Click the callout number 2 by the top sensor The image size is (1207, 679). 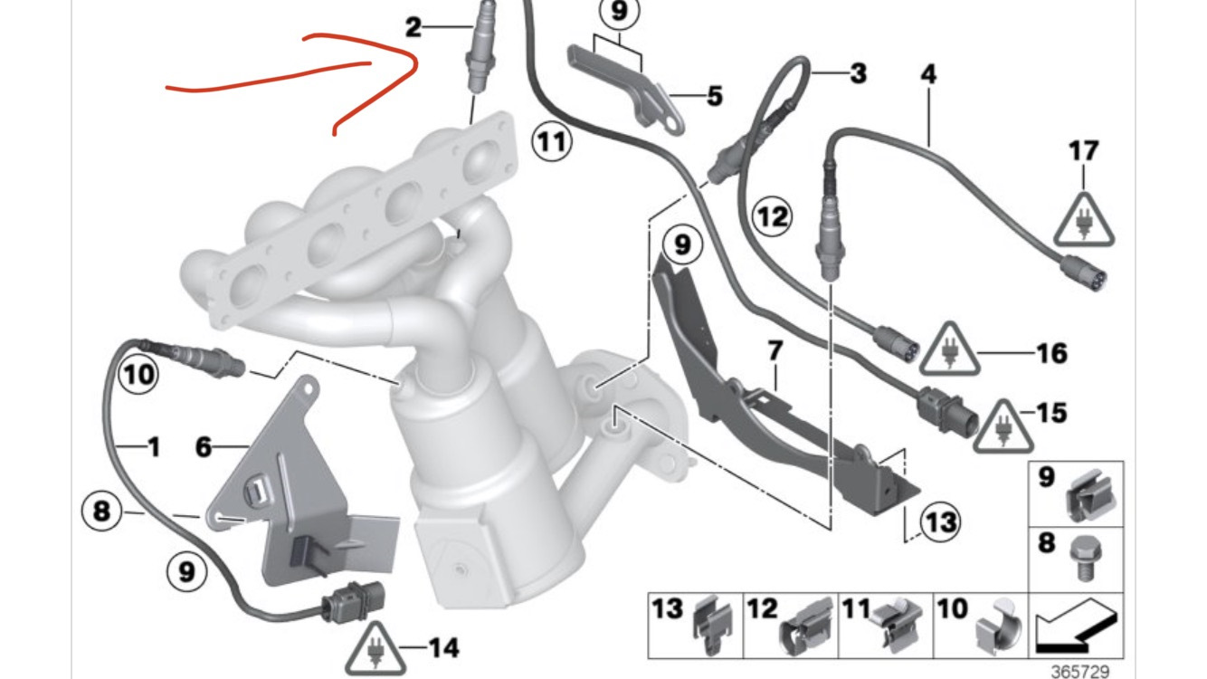413,27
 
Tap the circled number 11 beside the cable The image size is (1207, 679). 552,142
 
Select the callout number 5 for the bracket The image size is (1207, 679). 715,97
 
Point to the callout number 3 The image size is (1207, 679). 859,73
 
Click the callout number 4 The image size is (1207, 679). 928,74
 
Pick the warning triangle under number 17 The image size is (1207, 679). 1084,219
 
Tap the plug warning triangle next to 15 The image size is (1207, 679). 1003,426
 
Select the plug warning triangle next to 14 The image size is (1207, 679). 375,649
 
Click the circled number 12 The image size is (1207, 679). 772,216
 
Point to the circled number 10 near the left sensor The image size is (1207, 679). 138,374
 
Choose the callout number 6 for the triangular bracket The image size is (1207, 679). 204,447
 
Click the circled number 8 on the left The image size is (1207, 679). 101,511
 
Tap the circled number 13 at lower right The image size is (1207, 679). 941,522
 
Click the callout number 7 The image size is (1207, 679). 775,351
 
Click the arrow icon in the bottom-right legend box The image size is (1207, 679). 1076,626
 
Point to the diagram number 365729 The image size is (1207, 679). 1079,672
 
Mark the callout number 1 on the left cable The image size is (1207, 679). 154,447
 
